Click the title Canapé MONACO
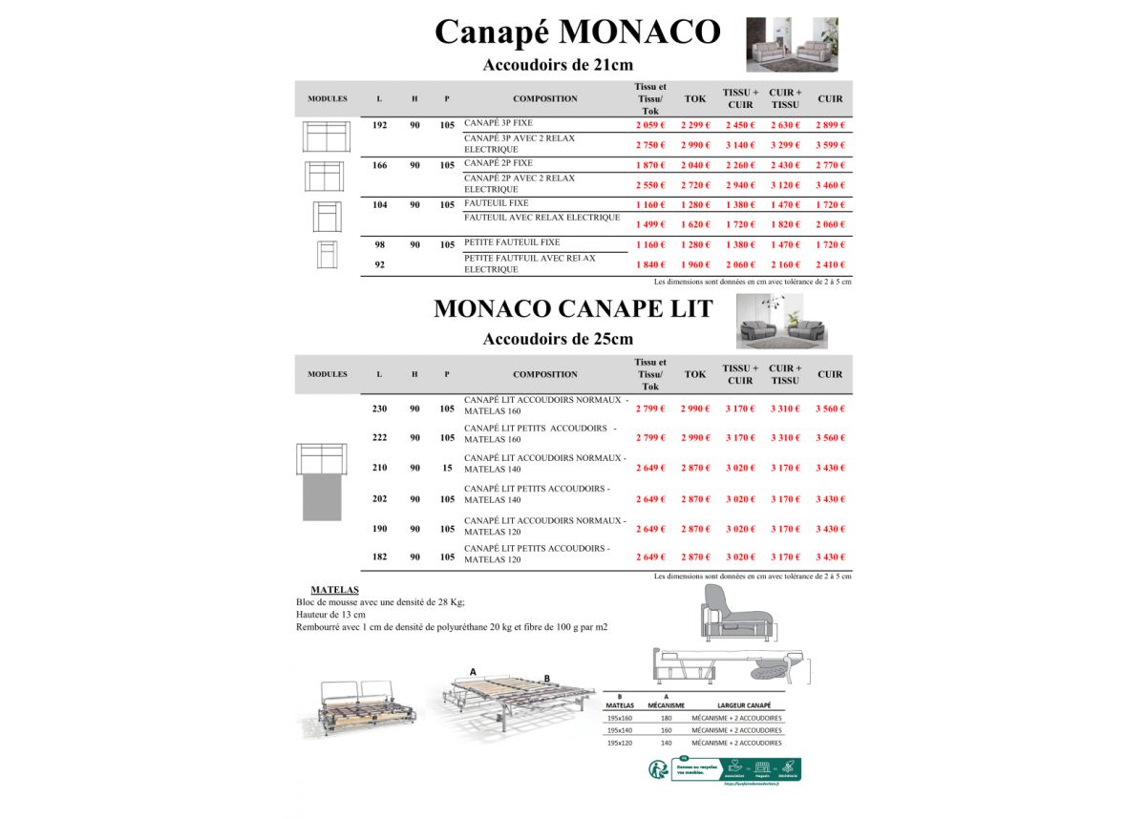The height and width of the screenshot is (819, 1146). [x=577, y=32]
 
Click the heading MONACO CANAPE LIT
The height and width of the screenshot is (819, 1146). [x=573, y=309]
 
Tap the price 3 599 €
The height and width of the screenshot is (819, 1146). [x=830, y=145]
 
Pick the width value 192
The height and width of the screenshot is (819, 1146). [x=379, y=125]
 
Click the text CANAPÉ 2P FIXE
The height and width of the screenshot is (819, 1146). [x=499, y=163]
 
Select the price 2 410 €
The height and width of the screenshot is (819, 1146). [x=830, y=265]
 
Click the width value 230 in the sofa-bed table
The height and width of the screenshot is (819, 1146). [x=379, y=409]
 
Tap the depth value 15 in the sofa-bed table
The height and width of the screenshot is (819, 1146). [x=447, y=468]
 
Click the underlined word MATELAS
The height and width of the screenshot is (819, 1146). [x=334, y=590]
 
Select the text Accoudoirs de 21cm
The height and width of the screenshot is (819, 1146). [x=558, y=66]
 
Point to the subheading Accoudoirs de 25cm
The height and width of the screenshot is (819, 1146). [x=558, y=339]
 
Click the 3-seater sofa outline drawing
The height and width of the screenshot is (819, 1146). [x=327, y=136]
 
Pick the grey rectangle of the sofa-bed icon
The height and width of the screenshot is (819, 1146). [x=322, y=496]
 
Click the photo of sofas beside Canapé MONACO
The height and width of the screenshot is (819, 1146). [x=792, y=44]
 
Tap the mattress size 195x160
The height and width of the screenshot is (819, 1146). [x=620, y=718]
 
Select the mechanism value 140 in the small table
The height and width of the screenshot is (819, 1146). [x=667, y=743]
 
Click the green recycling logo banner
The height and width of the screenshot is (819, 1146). [x=735, y=769]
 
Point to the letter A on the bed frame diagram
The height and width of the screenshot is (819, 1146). [x=473, y=672]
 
